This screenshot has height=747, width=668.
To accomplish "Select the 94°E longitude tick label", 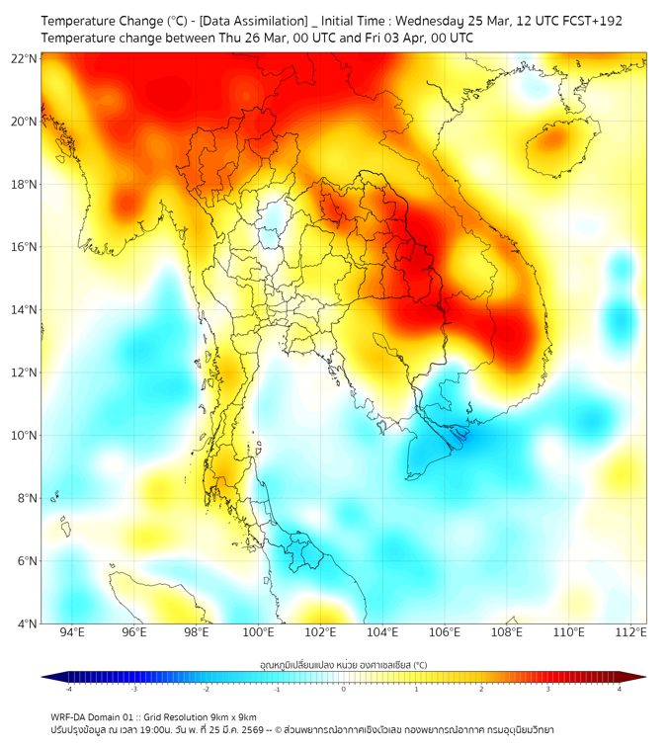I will pos(72,632).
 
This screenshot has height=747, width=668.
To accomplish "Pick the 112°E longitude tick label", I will pos(631,632).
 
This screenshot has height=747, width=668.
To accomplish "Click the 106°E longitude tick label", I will pos(445,632).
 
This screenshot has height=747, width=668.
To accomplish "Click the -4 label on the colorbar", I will pos(68,689).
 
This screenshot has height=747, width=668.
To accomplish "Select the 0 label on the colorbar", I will pos(344,689).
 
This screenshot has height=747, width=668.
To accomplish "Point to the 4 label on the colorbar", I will pos(619,689).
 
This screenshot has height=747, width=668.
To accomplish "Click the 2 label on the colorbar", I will pos(481,689).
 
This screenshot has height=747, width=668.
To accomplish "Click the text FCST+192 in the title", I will pos(591,21).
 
